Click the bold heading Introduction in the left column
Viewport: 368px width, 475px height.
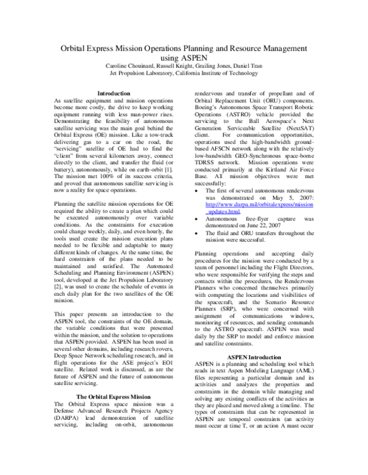pos(114,93)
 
